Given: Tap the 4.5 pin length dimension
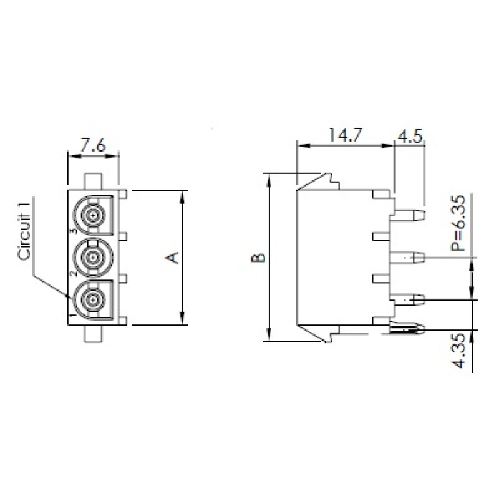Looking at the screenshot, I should tap(410, 135).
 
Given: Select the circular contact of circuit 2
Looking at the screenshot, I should tap(92, 257).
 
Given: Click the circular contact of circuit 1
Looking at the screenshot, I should tap(92, 299).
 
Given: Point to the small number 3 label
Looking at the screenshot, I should tap(73, 231).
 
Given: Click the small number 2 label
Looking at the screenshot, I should tap(73, 273).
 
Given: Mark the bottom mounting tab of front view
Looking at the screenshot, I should tap(92, 333).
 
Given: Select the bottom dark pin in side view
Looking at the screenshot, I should tap(409, 327).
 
